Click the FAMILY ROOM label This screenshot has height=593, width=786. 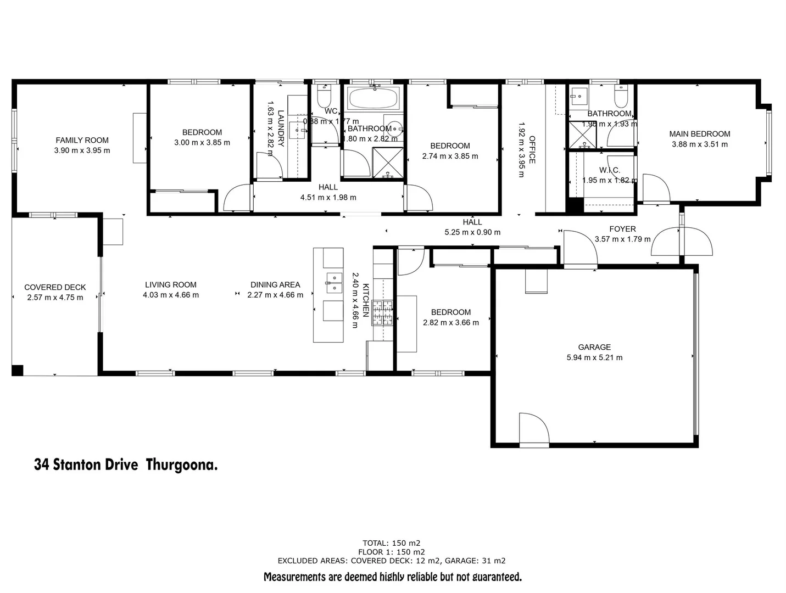click(82, 140)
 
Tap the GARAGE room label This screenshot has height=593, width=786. click(594, 347)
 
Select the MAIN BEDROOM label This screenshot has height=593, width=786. click(699, 134)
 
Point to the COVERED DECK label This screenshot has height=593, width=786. click(55, 287)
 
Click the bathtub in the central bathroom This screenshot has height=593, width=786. click(374, 99)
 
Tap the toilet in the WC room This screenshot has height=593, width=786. click(324, 97)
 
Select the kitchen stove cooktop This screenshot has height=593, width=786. click(383, 313)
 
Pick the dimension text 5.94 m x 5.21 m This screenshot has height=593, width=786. click(594, 357)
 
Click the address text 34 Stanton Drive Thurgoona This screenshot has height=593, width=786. click(126, 465)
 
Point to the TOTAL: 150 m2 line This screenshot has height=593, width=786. click(391, 543)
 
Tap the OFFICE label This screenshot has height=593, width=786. click(532, 150)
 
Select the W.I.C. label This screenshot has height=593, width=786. click(609, 170)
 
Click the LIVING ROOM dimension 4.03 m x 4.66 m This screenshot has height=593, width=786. click(170, 295)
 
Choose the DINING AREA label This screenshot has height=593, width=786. click(275, 284)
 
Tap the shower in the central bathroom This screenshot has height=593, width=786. click(388, 163)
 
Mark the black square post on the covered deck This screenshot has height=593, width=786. click(18, 370)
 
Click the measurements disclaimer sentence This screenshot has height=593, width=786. click(392, 577)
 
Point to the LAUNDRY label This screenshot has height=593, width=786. click(281, 128)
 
